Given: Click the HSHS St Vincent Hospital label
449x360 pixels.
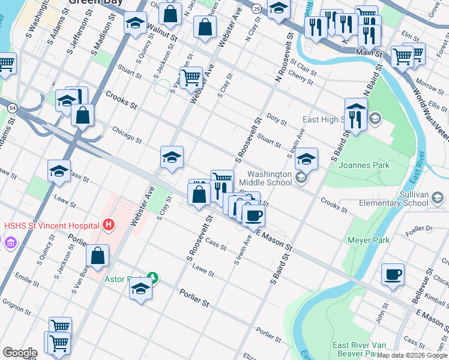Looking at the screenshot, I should [x=51, y=226].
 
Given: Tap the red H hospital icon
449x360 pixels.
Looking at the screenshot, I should [x=109, y=226].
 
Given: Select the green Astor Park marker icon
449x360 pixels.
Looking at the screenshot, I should [x=153, y=277].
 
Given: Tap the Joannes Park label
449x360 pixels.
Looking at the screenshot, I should [x=364, y=165].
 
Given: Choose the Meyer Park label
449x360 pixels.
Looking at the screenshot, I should [x=368, y=240].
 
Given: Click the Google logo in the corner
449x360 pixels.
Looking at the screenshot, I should [x=19, y=353].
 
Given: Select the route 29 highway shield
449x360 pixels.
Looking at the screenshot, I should [x=256, y=8].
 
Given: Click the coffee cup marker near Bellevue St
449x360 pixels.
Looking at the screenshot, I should [x=393, y=275].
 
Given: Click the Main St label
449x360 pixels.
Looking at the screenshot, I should [x=370, y=53].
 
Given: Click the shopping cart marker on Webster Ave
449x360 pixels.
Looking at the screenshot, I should [x=191, y=77].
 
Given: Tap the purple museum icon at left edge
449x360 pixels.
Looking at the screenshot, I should [x=10, y=243].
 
